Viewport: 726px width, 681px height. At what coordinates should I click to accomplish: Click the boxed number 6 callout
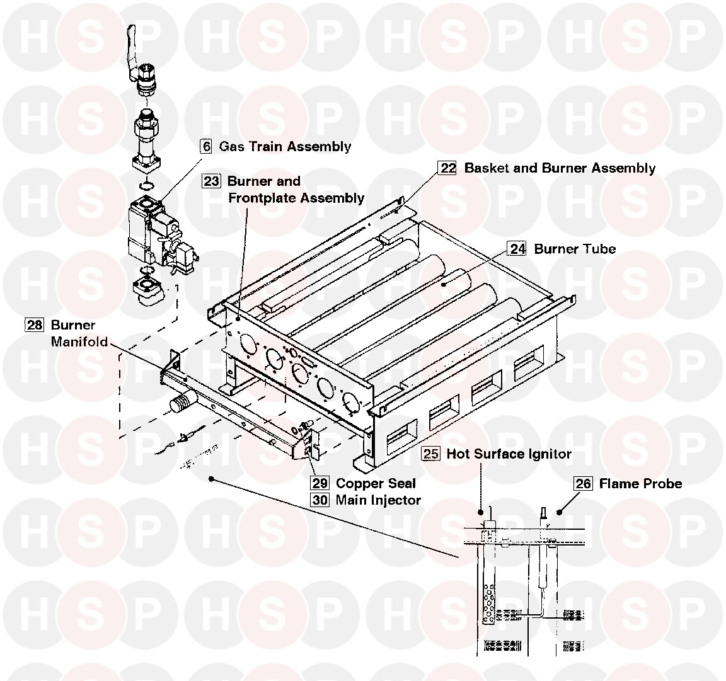(x=206, y=147)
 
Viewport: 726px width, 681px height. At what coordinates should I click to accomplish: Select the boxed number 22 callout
(x=447, y=168)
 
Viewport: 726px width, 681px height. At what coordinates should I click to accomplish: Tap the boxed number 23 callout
(x=211, y=181)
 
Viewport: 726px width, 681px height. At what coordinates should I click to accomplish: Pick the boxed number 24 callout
(x=517, y=249)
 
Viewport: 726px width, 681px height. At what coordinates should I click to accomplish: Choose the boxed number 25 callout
(x=431, y=454)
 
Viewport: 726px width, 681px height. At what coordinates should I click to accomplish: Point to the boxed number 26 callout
(x=584, y=484)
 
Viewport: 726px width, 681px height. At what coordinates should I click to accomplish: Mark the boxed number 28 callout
(x=34, y=326)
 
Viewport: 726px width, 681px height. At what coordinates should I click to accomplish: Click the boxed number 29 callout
(x=320, y=483)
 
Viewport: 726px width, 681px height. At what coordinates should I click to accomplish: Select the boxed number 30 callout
(x=320, y=500)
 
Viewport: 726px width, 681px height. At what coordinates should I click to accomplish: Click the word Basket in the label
(x=485, y=168)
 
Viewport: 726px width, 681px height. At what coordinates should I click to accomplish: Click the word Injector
(x=397, y=500)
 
